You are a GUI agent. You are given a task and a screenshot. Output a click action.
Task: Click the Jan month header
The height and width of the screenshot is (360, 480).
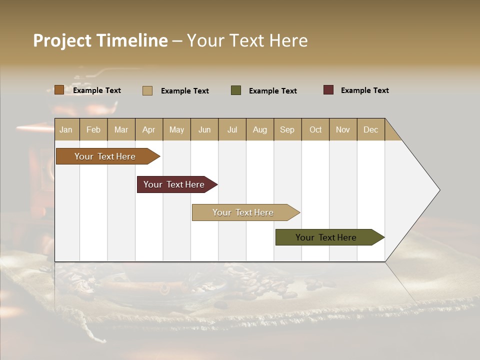pos(66,130)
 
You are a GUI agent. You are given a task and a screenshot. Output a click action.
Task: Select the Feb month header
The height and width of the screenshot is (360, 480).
pos(93,130)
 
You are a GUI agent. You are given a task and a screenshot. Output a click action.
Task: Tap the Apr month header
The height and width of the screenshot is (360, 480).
pos(148,130)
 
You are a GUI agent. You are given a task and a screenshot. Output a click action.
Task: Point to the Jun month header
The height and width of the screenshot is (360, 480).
pos(204,130)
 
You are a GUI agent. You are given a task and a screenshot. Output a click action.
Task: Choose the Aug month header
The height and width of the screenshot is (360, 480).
pos(259,130)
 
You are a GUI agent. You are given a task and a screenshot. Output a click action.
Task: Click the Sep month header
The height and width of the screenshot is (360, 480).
pos(287,130)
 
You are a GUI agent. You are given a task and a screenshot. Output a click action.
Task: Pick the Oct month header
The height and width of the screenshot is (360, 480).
pos(315,130)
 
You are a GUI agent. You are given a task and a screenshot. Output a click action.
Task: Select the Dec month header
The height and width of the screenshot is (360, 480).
pos(370,130)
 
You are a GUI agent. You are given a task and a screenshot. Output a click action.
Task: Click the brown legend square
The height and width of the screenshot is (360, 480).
pos(59,90)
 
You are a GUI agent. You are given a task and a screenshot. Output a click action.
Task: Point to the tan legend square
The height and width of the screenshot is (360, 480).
pos(147,90)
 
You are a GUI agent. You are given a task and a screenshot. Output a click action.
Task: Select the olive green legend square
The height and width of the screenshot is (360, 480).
pos(236,90)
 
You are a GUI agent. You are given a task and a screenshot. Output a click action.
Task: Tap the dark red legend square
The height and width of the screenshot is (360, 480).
pos(328,90)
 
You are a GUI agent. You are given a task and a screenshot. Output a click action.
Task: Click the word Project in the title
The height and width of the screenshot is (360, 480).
pos(62,40)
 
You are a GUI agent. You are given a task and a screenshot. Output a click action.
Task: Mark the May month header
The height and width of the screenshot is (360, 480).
pos(176,130)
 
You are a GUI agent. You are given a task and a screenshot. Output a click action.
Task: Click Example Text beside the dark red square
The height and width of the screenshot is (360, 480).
pos(364,90)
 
